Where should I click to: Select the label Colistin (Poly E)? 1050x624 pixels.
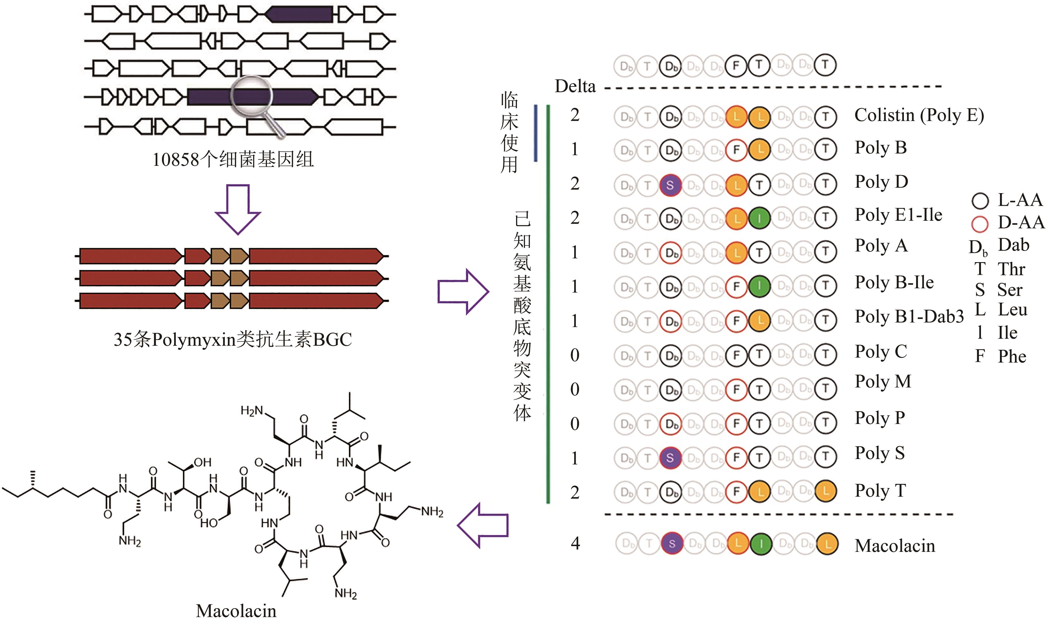click(919, 115)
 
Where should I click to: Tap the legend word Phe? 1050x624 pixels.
click(1012, 357)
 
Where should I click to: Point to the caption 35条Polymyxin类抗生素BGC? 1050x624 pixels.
click(233, 340)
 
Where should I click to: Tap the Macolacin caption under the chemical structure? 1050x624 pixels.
click(236, 610)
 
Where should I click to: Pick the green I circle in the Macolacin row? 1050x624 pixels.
click(760, 544)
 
